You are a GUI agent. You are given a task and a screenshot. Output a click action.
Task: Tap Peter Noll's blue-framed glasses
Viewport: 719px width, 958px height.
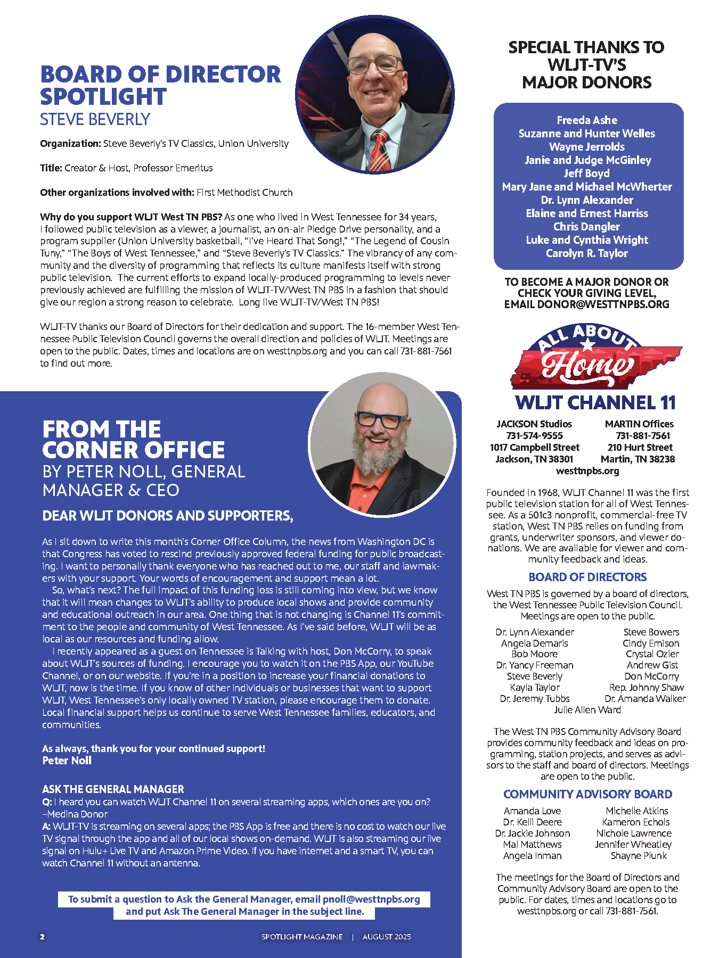379,420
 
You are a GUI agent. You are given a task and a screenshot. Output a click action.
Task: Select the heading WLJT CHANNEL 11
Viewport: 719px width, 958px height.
595,403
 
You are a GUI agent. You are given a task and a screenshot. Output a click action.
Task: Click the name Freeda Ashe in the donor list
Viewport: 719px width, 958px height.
587,120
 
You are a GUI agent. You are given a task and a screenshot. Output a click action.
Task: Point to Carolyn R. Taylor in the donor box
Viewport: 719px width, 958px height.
587,253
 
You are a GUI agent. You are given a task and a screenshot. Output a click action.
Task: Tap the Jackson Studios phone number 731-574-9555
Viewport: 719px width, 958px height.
534,436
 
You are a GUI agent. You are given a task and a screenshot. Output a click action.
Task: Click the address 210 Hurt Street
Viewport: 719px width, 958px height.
640,448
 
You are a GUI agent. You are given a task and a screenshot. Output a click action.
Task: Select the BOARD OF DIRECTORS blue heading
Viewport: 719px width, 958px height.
587,577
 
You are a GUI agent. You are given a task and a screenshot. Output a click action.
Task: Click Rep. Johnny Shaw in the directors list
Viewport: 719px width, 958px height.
647,688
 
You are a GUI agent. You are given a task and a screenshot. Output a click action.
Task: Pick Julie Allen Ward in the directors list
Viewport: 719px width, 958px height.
587,710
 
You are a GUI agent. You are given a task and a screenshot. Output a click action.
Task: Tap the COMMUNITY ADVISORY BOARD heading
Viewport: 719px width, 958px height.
587,795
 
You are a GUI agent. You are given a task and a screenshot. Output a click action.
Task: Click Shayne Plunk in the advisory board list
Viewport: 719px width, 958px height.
639,856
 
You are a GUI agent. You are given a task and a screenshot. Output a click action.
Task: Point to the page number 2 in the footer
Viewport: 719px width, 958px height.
43,937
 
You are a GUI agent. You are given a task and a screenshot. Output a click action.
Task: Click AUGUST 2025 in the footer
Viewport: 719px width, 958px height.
387,937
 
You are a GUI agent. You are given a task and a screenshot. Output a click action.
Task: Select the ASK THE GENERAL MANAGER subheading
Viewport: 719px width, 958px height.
113,789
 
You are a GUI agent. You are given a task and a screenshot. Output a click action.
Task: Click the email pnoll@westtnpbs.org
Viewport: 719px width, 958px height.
371,899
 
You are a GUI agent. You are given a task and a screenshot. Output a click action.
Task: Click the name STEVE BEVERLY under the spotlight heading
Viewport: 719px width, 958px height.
95,120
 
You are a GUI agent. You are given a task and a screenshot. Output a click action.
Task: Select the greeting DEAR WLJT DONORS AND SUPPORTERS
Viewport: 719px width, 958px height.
167,516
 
